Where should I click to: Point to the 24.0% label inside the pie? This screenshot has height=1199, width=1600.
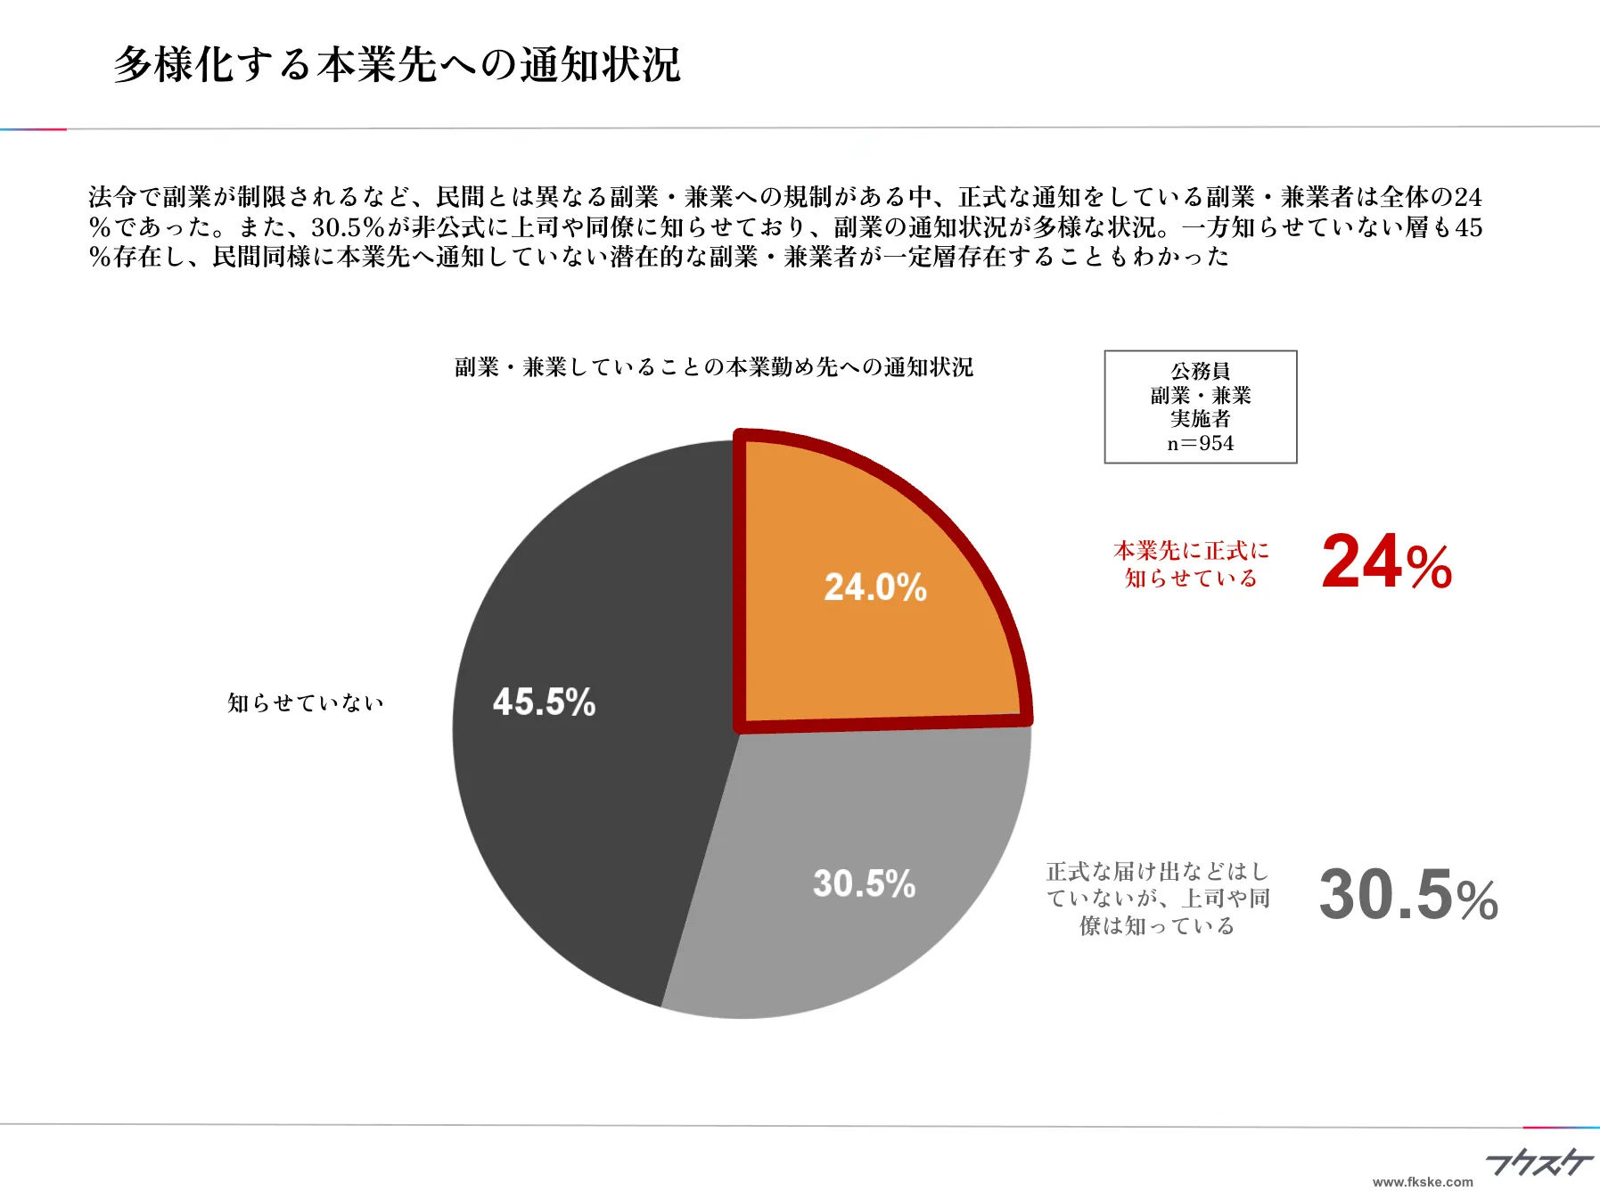pos(875,587)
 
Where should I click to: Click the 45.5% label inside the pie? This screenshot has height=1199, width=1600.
pos(544,702)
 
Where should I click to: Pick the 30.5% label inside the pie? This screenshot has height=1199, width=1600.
pos(864,884)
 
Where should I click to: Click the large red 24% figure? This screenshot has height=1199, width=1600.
pos(1386,563)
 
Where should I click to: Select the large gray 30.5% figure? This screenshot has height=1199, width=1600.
pos(1407,895)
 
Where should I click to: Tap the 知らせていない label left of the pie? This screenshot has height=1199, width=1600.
pos(306,703)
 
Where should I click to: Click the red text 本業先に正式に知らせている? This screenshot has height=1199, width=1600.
pos(1191,564)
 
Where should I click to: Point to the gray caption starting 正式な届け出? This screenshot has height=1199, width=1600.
pos(1157,899)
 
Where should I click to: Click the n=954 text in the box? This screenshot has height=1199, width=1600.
pos(1200,444)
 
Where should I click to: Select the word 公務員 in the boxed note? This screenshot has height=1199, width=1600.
pos(1200,371)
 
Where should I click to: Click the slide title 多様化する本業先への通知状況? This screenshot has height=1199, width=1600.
pos(397,64)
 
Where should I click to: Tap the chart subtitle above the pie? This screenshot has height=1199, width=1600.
pos(713,367)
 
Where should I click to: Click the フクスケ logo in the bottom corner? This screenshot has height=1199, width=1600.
pos(1538,1162)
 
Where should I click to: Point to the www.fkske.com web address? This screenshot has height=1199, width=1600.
pos(1423,1182)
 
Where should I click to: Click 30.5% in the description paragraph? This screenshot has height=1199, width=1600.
pos(348,227)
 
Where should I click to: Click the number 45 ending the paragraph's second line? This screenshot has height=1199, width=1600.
pos(1468,227)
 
